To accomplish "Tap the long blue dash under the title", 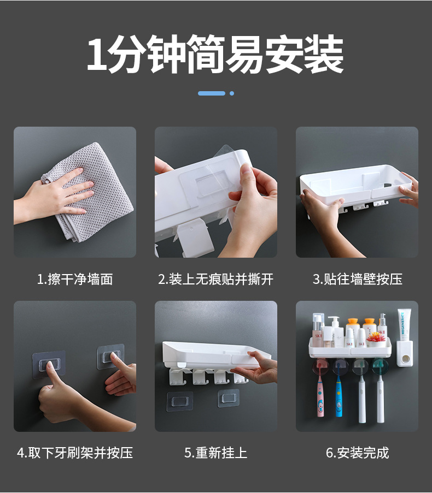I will [x=212, y=93].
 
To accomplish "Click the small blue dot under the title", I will [x=232, y=93].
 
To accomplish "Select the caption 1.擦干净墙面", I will [x=75, y=280].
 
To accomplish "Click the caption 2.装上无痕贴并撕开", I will [x=215, y=280].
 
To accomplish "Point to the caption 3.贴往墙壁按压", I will [x=357, y=280].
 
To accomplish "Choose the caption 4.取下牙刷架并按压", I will [x=75, y=453].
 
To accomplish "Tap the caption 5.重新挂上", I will [x=215, y=453].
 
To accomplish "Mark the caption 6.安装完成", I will [x=357, y=453].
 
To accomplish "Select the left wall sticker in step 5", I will [x=179, y=401].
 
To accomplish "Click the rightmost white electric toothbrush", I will [x=380, y=399].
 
